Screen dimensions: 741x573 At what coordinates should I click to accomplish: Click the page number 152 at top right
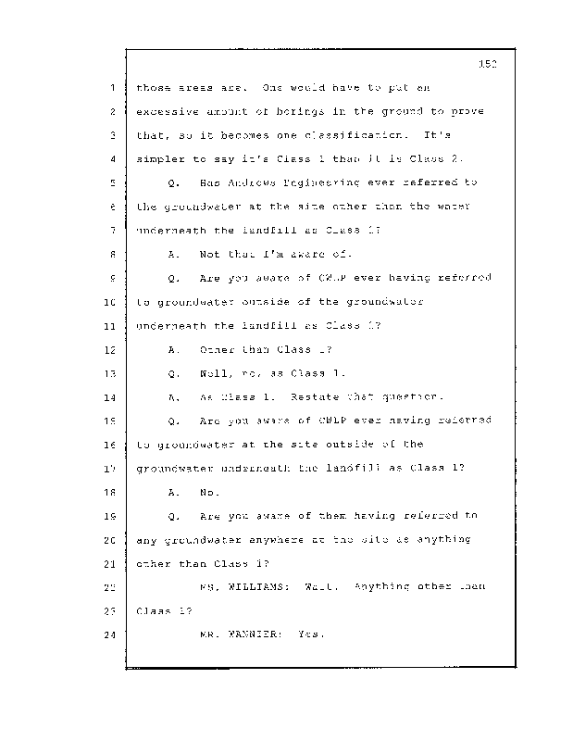(490, 64)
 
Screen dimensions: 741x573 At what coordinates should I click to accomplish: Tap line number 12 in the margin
(108, 351)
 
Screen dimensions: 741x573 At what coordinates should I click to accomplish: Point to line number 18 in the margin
(108, 493)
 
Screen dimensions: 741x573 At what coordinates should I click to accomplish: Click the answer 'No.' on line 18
(208, 493)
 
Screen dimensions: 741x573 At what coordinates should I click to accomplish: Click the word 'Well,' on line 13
(215, 374)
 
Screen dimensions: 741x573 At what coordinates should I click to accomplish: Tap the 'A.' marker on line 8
(174, 255)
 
